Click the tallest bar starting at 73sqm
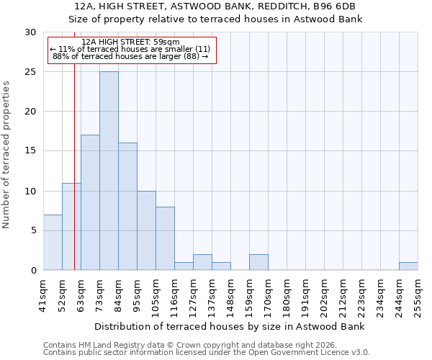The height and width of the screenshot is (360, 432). pyautogui.click(x=109, y=171)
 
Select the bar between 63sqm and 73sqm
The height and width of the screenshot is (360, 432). pyautogui.click(x=90, y=202)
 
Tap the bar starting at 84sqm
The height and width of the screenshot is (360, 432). pyautogui.click(x=127, y=207)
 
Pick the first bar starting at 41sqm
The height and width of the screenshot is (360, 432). pyautogui.click(x=53, y=242)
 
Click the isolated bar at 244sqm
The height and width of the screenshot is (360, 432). pyautogui.click(x=408, y=266)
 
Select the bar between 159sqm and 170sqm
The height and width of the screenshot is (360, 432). pyautogui.click(x=258, y=262)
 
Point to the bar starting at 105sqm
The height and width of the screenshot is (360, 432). pyautogui.click(x=165, y=238)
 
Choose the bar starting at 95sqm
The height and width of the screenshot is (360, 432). pyautogui.click(x=146, y=230)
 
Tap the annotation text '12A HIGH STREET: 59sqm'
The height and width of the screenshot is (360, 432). pyautogui.click(x=131, y=42)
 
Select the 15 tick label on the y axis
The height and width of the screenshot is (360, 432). pyautogui.click(x=31, y=151)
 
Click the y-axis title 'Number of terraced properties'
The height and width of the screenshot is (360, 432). pyautogui.click(x=6, y=154)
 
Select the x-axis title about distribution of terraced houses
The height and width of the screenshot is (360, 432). pyautogui.click(x=230, y=326)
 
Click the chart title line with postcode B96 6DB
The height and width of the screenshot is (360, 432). pyautogui.click(x=215, y=6)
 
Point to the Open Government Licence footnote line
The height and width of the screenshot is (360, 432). pyautogui.click(x=207, y=353)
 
